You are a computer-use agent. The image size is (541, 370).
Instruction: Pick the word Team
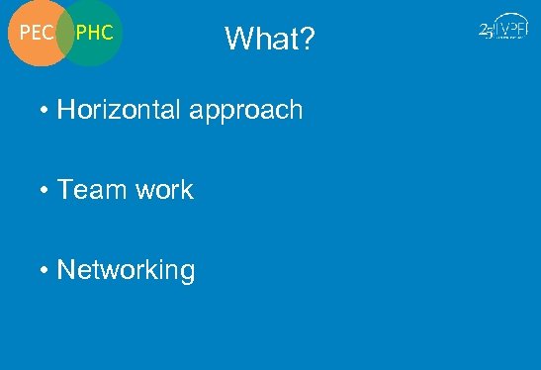[89, 190]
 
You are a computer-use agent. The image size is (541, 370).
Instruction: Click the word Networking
[126, 270]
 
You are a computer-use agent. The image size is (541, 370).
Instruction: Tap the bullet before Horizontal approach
[45, 111]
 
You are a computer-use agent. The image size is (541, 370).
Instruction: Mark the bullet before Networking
[45, 270]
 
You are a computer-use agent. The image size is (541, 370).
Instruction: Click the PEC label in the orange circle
[37, 33]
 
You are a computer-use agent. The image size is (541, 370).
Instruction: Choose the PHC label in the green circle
[95, 33]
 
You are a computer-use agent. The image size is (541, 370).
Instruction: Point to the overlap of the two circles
[66, 33]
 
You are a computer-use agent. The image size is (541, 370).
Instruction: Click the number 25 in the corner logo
[486, 31]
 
